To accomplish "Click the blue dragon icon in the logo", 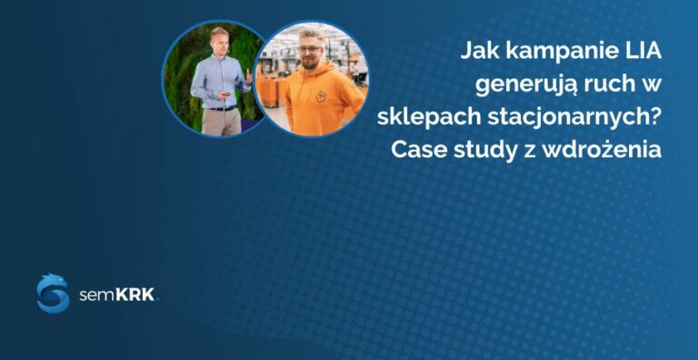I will click(53, 293).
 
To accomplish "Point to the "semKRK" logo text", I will click(118, 294).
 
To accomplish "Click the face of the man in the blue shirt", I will click(218, 44).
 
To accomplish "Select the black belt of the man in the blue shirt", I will click(221, 108).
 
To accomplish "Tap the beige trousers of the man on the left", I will click(221, 123).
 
